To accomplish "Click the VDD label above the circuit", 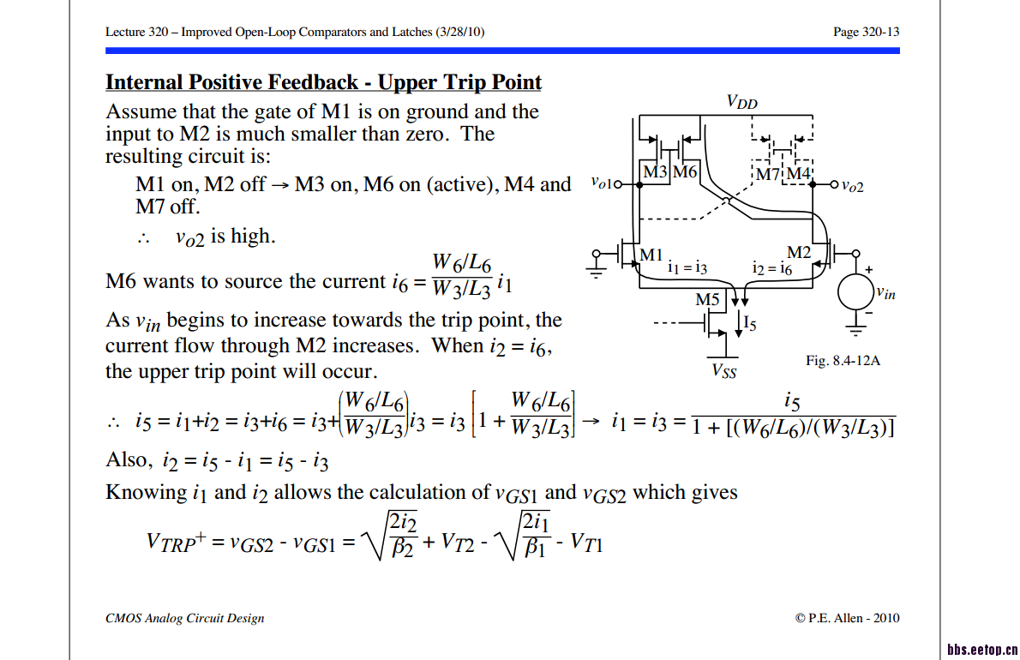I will click(741, 102).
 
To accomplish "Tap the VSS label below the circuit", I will click(724, 371).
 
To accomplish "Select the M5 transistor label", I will click(708, 301).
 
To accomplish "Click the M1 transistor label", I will click(651, 255).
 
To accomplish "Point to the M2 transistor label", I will click(799, 252).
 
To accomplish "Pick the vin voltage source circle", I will click(855, 292).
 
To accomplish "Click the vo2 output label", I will click(852, 184).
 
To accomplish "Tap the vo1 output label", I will click(603, 183).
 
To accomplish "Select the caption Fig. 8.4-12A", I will click(843, 361).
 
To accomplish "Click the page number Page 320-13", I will click(866, 32).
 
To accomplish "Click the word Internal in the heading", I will click(143, 82).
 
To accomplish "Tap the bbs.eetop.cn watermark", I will click(982, 648).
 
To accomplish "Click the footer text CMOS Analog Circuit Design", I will click(184, 618).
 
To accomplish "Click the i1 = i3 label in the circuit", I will click(687, 267).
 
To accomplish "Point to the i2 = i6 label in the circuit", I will click(771, 267).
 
